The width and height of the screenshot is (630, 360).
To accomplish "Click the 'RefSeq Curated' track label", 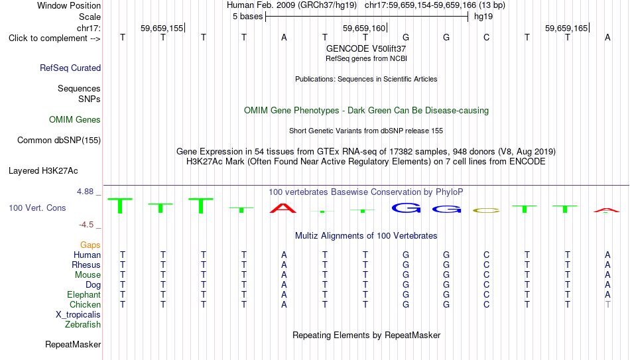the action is tap(70, 68).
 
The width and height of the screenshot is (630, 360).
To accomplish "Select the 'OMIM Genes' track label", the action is tap(75, 120).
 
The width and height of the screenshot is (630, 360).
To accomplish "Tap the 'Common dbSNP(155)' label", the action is tap(59, 141).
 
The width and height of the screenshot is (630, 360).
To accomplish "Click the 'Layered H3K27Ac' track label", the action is tap(43, 171).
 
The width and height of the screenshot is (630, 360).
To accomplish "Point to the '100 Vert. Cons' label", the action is tap(37, 208).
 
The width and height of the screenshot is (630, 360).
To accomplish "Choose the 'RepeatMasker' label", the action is tap(73, 344).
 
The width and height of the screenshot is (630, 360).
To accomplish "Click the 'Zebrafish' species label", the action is tap(83, 324).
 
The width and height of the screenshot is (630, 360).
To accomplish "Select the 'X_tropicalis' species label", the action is tap(78, 315).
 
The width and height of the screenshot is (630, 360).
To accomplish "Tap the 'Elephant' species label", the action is tap(84, 294).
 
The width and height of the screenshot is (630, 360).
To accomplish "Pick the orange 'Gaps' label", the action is tap(90, 245).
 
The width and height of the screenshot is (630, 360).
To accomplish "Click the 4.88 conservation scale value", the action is tap(86, 192).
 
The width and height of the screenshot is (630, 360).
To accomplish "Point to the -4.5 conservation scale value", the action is tap(86, 225).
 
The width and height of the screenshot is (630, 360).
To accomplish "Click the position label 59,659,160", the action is tap(364, 28).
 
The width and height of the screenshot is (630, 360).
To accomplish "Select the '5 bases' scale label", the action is tap(247, 17).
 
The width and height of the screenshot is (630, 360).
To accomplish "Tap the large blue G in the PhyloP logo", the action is tap(407, 208).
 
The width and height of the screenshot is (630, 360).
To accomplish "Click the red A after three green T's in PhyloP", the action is tap(283, 208).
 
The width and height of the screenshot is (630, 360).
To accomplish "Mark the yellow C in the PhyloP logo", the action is tap(487, 211).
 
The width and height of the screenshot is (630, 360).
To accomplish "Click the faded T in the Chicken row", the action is tap(608, 304).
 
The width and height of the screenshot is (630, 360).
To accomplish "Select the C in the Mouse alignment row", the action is tap(487, 275).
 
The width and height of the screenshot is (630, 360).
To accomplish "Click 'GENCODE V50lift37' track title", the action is tap(366, 48).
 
